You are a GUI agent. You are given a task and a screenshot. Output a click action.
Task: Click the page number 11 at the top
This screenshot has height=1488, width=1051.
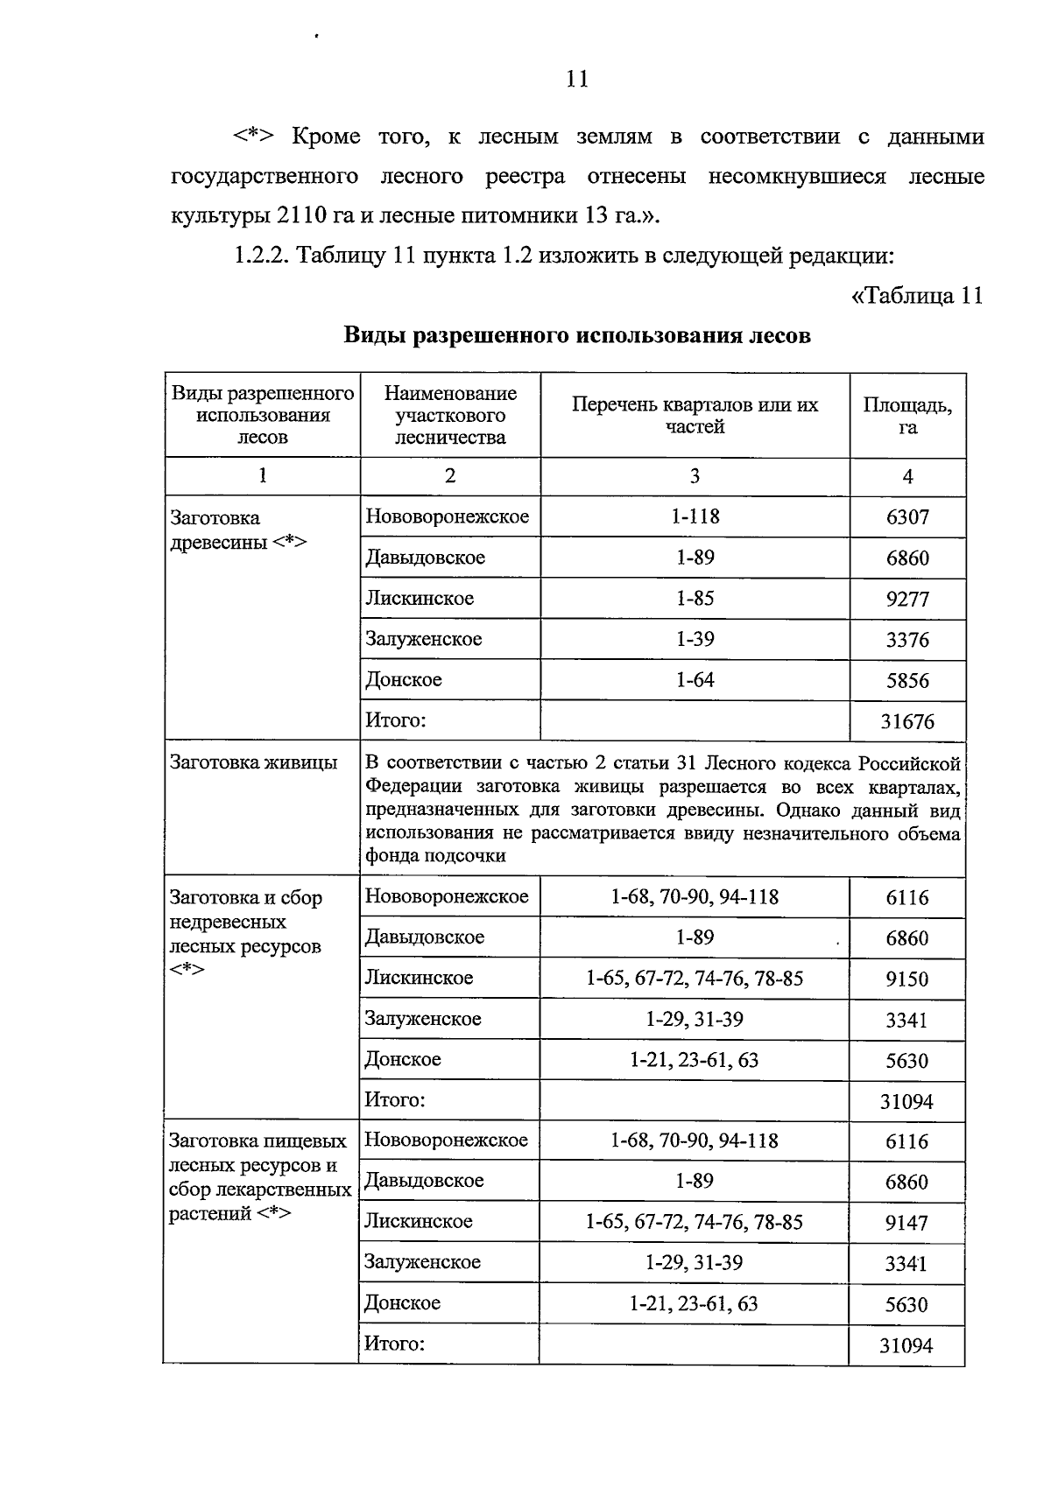click(577, 80)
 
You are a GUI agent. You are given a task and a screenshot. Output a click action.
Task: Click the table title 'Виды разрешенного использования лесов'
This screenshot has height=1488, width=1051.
click(576, 336)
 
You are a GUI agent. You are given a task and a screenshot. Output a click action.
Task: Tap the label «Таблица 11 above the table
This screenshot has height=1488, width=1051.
click(917, 296)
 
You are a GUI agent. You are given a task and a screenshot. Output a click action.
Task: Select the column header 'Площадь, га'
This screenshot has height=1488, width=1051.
click(907, 416)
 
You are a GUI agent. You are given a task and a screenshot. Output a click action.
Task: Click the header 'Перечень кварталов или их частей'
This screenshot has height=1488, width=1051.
click(695, 416)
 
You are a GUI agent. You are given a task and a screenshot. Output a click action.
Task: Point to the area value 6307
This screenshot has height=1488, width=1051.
click(907, 517)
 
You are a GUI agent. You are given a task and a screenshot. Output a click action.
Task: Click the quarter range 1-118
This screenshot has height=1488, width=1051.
click(695, 516)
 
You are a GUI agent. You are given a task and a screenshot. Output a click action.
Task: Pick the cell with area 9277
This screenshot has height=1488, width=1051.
click(907, 600)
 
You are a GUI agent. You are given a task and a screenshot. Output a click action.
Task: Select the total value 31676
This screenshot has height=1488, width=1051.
click(907, 722)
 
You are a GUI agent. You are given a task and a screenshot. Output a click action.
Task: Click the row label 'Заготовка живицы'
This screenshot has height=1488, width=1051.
click(254, 762)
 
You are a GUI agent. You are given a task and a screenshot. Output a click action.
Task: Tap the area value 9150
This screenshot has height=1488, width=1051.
click(906, 979)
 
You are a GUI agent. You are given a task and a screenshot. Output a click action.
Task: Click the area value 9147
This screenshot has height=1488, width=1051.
click(906, 1223)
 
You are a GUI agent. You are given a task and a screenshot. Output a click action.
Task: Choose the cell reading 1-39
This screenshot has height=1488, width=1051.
click(695, 640)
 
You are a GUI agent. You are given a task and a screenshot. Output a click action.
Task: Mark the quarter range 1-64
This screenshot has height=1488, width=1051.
click(695, 680)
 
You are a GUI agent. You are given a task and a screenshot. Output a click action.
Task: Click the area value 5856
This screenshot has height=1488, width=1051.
click(907, 681)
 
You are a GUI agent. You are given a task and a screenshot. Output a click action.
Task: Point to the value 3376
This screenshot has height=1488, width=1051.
click(907, 641)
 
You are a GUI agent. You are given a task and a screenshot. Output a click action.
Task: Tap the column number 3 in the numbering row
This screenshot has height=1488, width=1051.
click(695, 476)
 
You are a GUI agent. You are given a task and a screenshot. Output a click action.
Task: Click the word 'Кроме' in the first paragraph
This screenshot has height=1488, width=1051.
click(326, 137)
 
